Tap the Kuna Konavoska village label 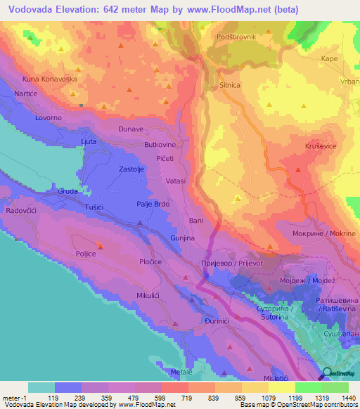49,79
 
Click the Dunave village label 111,129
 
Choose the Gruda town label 68,190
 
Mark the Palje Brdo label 153,204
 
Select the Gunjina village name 182,239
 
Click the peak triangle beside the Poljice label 99,245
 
